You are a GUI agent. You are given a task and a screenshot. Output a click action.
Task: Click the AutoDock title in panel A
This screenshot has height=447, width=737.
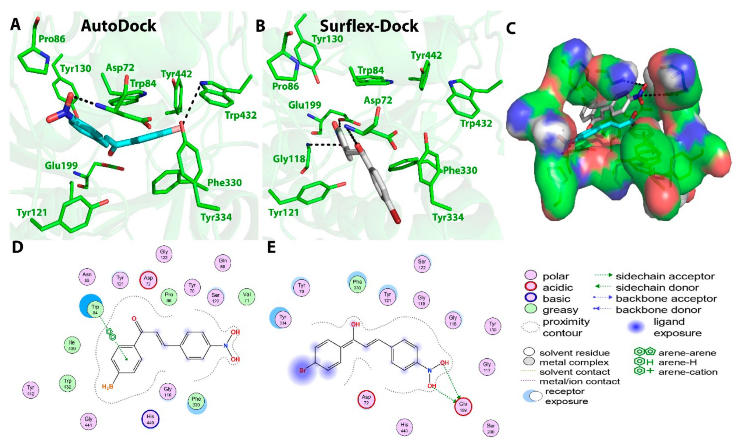coord(118,26)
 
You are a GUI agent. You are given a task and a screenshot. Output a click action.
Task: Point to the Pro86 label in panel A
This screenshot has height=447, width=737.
coord(52,39)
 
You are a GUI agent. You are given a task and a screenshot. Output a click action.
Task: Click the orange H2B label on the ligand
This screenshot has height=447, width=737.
coord(108,387)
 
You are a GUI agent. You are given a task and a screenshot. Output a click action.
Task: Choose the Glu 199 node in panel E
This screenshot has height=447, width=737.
coord(463,407)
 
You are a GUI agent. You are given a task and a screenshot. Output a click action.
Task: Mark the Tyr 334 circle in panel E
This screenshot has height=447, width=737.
coord(283,319)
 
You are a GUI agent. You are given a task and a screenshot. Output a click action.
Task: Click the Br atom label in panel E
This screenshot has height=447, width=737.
coord(303,371)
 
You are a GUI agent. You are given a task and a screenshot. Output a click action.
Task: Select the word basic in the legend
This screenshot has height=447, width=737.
coord(556,299)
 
